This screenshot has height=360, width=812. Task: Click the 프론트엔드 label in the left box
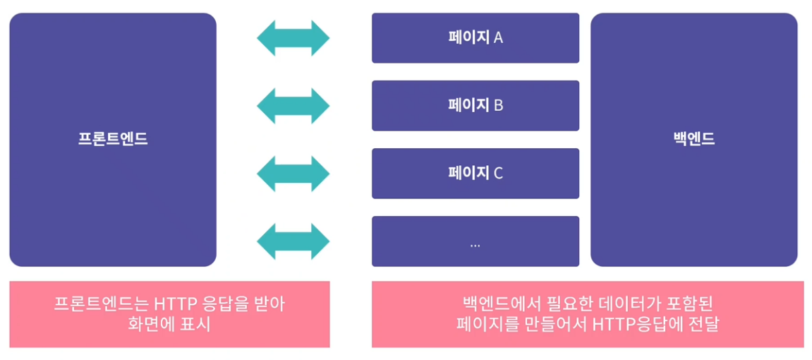pyautogui.click(x=113, y=139)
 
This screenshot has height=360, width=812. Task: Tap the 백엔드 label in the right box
pyautogui.click(x=694, y=139)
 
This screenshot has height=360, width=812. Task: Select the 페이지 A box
pyautogui.click(x=475, y=38)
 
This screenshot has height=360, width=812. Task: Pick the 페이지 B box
pyautogui.click(x=475, y=106)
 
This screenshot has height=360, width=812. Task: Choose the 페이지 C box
pyautogui.click(x=475, y=173)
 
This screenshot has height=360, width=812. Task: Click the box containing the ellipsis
pyautogui.click(x=475, y=241)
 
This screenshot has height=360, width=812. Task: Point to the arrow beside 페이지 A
pyautogui.click(x=293, y=38)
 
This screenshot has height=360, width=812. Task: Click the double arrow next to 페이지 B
pyautogui.click(x=293, y=106)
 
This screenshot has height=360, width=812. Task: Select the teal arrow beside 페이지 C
pyautogui.click(x=293, y=173)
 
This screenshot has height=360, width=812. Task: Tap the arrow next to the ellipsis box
pyautogui.click(x=293, y=241)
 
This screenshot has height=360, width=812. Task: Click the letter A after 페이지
pyautogui.click(x=498, y=38)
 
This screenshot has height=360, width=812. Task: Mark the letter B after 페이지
pyautogui.click(x=498, y=106)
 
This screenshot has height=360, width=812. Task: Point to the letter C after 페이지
pyautogui.click(x=498, y=173)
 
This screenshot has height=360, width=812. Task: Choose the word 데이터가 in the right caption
pyautogui.click(x=610, y=304)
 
